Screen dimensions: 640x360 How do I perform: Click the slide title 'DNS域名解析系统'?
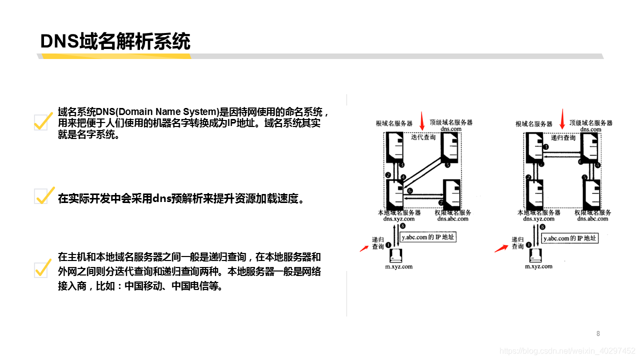[x=115, y=41]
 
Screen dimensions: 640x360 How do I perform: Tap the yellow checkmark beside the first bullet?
[x=43, y=120]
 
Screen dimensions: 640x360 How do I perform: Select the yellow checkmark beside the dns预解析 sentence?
[x=43, y=195]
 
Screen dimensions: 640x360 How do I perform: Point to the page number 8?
[x=598, y=333]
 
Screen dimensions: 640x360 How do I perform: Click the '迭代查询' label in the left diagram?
[x=423, y=136]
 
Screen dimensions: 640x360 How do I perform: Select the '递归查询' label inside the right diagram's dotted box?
[x=563, y=136]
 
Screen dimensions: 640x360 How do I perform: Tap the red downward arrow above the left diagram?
[x=421, y=120]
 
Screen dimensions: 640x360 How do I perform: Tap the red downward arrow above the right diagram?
[x=562, y=118]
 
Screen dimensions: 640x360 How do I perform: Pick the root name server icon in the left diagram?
[x=395, y=145]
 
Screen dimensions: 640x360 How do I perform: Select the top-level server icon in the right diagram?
[x=592, y=145]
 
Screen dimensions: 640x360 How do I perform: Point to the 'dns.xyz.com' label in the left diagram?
[x=398, y=218]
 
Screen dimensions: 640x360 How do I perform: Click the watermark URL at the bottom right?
[x=567, y=351]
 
